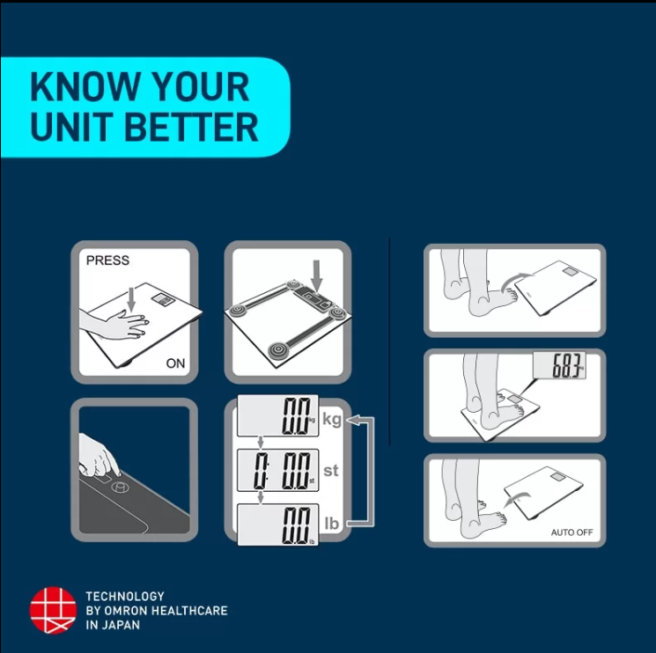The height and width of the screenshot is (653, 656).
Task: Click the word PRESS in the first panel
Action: click(x=107, y=260)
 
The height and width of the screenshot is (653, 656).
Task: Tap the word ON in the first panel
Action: click(x=175, y=363)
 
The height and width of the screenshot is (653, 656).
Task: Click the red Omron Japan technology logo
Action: click(x=53, y=610)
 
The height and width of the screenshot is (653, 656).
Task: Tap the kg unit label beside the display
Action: click(x=332, y=419)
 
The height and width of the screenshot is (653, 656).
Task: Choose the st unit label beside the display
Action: click(x=330, y=471)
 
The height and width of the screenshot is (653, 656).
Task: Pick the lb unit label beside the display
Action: click(x=331, y=524)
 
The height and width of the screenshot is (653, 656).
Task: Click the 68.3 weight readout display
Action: click(x=559, y=365)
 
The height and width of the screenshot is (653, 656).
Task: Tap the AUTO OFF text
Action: click(x=571, y=532)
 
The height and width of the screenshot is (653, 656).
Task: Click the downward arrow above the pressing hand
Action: click(x=131, y=299)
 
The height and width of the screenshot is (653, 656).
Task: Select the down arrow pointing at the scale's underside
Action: click(x=317, y=275)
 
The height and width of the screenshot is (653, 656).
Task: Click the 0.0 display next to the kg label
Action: click(x=277, y=415)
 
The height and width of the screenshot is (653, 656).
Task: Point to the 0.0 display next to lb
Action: click(x=277, y=525)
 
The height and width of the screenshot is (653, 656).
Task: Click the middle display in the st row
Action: click(x=277, y=470)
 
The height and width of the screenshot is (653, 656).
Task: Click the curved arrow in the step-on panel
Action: click(x=518, y=281)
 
